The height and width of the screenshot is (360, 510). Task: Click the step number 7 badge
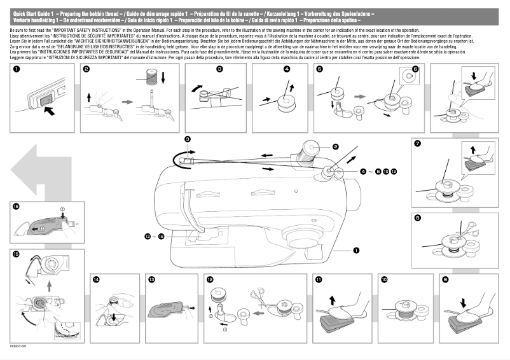point(417,143)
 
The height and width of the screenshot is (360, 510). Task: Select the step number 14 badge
point(96,279)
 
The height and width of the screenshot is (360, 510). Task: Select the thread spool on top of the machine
point(311,150)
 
